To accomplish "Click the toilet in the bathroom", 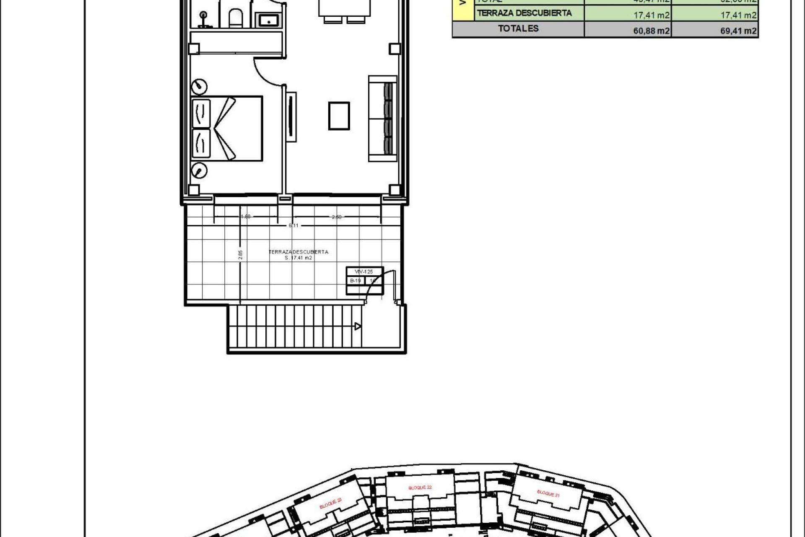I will tap(234, 17).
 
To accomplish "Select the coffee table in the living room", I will tap(339, 116).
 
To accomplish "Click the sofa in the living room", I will tap(382, 119).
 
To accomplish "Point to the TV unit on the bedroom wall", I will tap(291, 117).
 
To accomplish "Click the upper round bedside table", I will tap(200, 87).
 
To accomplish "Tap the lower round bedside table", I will tap(199, 170).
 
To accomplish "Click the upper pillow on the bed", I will tap(201, 113).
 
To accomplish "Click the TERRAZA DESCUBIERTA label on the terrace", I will tap(298, 252).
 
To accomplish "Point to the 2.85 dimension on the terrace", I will tap(240, 255).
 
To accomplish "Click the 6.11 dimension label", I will tap(293, 225).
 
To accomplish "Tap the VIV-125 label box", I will tap(364, 272).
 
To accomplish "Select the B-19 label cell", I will tap(355, 281).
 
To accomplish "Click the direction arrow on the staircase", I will tap(357, 326).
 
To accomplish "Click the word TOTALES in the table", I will tap(518, 29).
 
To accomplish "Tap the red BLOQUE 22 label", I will tap(420, 487).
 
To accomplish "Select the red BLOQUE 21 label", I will tap(548, 493).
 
